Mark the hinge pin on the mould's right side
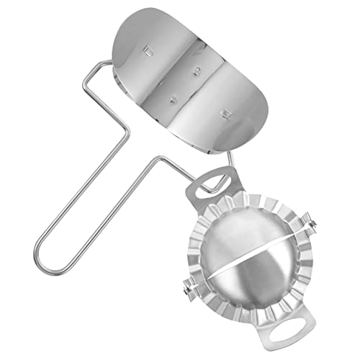[311, 214]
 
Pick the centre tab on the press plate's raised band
[195, 69]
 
